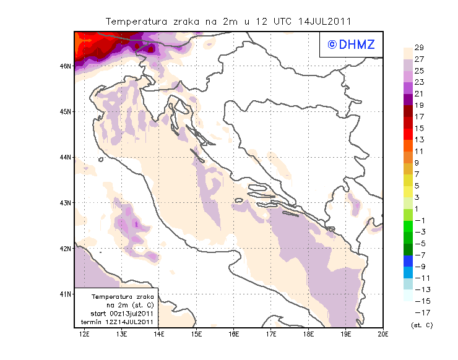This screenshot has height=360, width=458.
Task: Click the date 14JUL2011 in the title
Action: pos(324,20)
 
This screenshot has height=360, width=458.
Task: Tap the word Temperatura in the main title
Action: pos(137,20)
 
